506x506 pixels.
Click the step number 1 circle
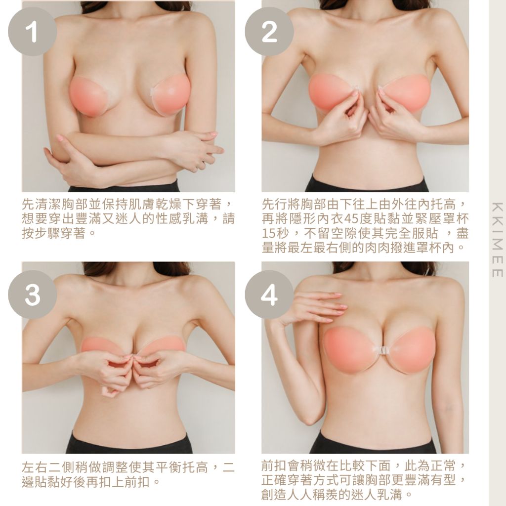32,32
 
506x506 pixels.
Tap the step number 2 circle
269,32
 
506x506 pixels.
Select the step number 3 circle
32,295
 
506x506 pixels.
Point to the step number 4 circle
269,295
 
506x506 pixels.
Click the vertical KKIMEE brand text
497,240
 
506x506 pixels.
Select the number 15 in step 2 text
268,233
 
